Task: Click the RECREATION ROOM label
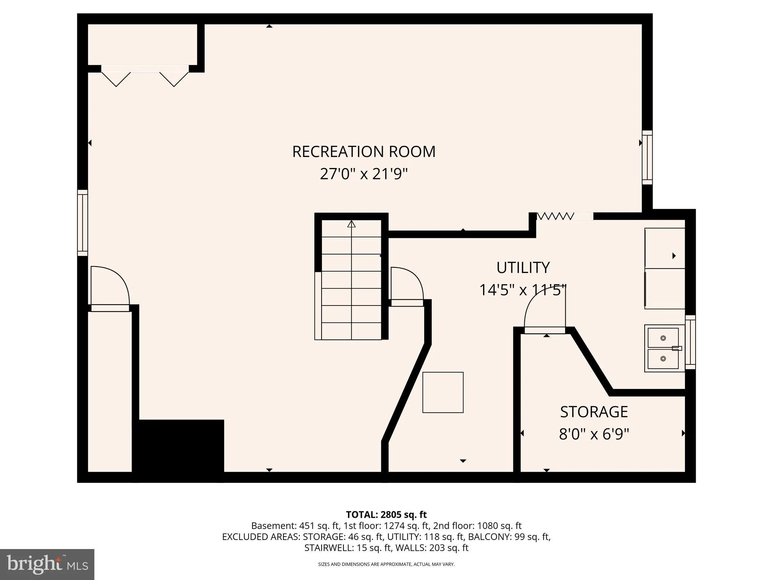tap(364, 151)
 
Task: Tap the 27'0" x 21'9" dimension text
tap(364, 174)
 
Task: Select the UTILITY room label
tap(523, 267)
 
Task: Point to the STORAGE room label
tap(594, 412)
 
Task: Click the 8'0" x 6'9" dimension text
tap(594, 434)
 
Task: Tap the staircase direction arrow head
tap(351, 224)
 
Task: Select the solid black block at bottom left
tap(178, 450)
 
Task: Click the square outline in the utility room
tap(443, 392)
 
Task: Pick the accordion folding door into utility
tap(555, 216)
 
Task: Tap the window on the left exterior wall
tap(83, 223)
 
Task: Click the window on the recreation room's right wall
tap(647, 157)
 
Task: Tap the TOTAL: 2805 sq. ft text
tap(386, 515)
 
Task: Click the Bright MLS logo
tap(47, 564)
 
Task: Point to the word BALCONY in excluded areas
tap(496, 537)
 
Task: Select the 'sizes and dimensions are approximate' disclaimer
tap(386, 564)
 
